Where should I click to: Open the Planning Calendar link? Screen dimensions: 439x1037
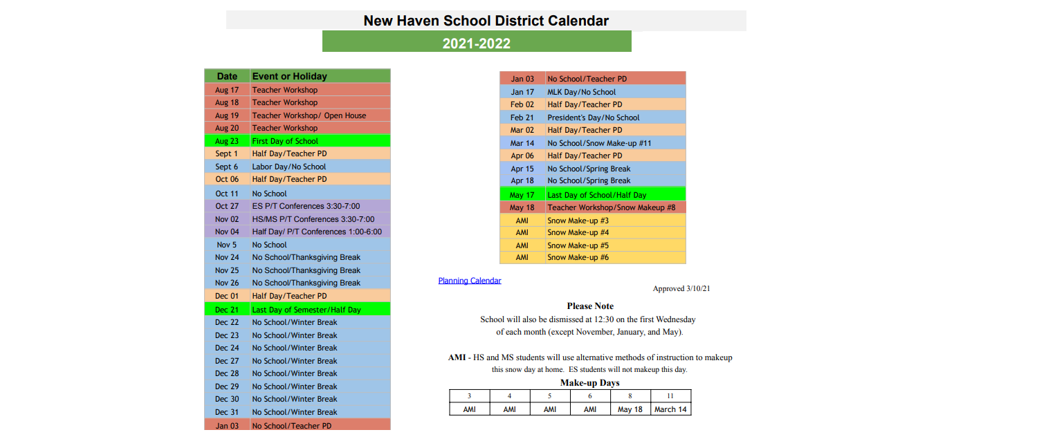(x=470, y=281)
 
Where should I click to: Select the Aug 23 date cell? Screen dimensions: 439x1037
(x=227, y=141)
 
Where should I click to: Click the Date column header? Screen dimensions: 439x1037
(x=227, y=76)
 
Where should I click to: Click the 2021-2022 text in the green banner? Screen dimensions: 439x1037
(x=477, y=44)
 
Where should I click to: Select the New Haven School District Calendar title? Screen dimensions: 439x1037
(x=486, y=21)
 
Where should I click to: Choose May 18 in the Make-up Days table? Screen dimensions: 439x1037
(x=630, y=409)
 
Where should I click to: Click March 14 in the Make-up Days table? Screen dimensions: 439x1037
(x=670, y=409)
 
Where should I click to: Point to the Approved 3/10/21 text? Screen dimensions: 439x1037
(x=681, y=288)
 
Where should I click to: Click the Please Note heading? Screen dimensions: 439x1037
(x=590, y=306)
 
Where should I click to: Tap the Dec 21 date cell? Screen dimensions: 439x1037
(x=227, y=310)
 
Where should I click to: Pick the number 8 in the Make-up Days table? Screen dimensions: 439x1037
(x=630, y=396)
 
